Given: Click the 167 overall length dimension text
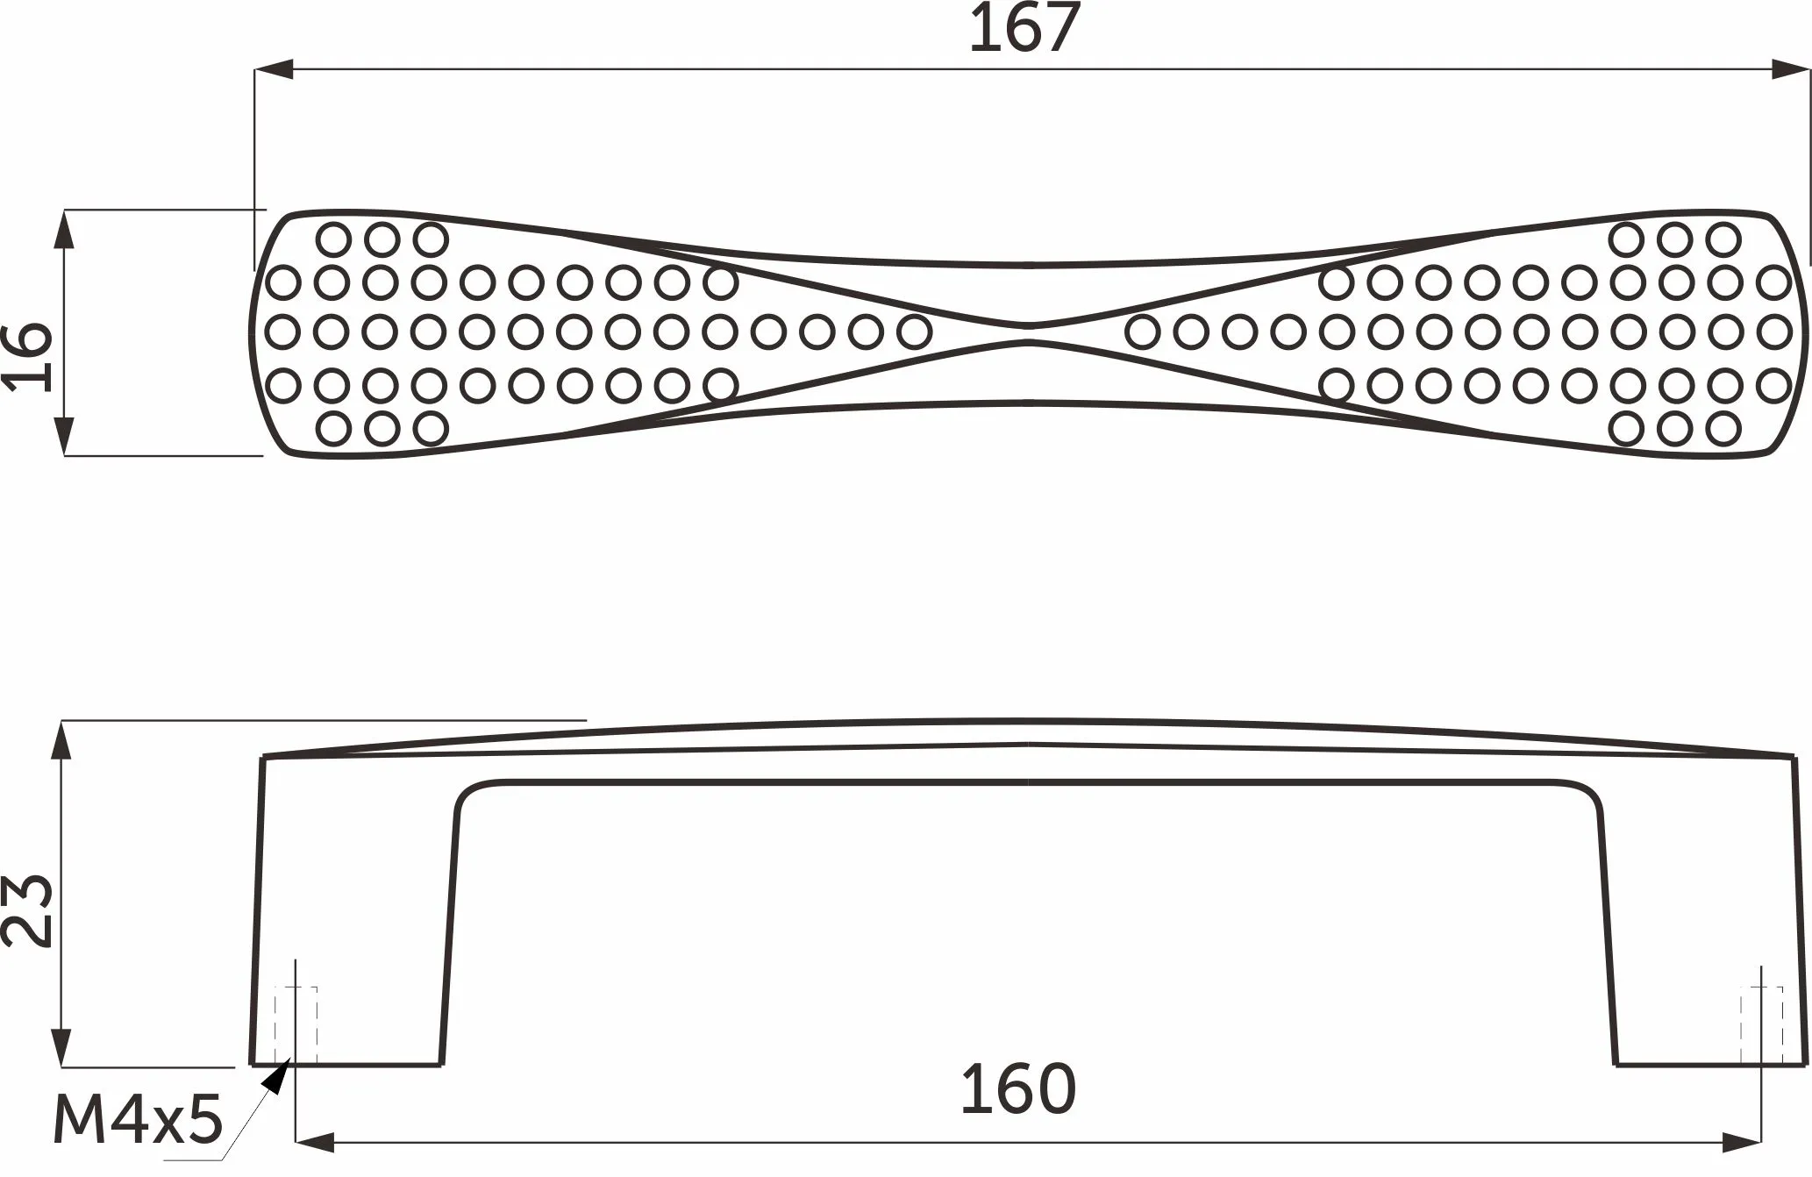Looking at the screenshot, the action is (x=1024, y=29).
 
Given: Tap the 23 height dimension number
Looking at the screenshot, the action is (x=27, y=909).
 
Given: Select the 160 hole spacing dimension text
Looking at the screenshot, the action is (x=1018, y=1089).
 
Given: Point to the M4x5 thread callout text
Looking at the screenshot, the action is (x=139, y=1120).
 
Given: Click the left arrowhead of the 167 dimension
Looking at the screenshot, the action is (x=275, y=69).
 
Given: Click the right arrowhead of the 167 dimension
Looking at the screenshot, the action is (x=1790, y=69).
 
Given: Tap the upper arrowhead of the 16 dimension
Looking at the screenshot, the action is (x=64, y=230).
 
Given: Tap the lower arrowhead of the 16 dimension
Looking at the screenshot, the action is (x=64, y=436).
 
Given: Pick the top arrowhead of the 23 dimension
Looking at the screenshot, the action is (x=61, y=740).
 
